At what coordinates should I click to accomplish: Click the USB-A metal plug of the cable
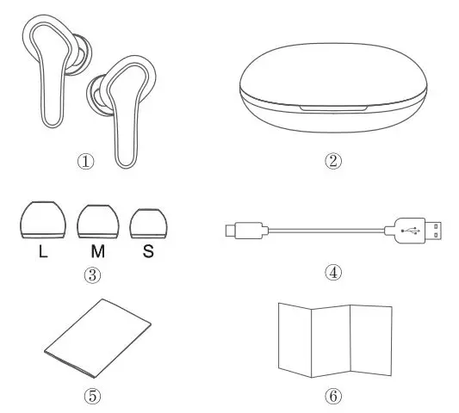click(x=436, y=231)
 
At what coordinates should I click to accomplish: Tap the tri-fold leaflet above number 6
click(x=334, y=338)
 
